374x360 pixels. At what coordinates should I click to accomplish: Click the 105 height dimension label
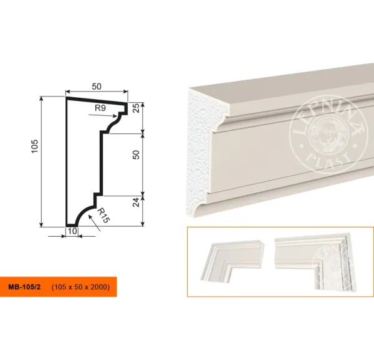pyautogui.click(x=34, y=146)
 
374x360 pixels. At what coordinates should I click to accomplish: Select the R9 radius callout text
pyautogui.click(x=100, y=108)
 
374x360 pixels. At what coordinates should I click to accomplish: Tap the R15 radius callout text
pyautogui.click(x=103, y=216)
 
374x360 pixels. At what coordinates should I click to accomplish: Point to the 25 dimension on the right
pyautogui.click(x=136, y=108)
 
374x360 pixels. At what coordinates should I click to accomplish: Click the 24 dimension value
pyautogui.click(x=136, y=202)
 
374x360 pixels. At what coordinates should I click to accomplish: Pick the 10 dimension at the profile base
pyautogui.click(x=72, y=231)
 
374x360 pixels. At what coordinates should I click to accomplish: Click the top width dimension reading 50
pyautogui.click(x=97, y=87)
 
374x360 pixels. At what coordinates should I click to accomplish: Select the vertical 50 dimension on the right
pyautogui.click(x=136, y=155)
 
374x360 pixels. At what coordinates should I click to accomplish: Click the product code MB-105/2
pyautogui.click(x=24, y=287)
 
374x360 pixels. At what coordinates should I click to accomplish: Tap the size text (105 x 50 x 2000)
pyautogui.click(x=80, y=287)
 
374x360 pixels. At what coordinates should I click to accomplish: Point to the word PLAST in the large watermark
pyautogui.click(x=328, y=160)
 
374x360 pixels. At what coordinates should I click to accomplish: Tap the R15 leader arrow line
pyautogui.click(x=94, y=223)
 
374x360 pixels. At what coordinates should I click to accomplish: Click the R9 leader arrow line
pyautogui.click(x=103, y=115)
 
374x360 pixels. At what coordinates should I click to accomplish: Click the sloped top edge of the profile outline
pyautogui.click(x=97, y=100)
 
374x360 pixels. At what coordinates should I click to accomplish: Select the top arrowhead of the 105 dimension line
pyautogui.click(x=42, y=98)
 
